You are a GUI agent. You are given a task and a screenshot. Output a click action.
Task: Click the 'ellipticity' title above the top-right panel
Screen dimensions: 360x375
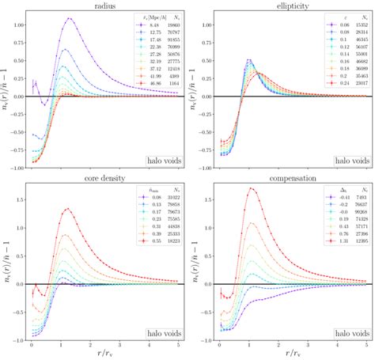coord(291,5)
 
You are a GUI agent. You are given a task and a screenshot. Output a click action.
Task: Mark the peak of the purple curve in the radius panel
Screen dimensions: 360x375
coord(70,18)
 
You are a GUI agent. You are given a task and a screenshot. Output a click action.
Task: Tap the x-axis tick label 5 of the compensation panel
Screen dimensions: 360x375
coord(367,342)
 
